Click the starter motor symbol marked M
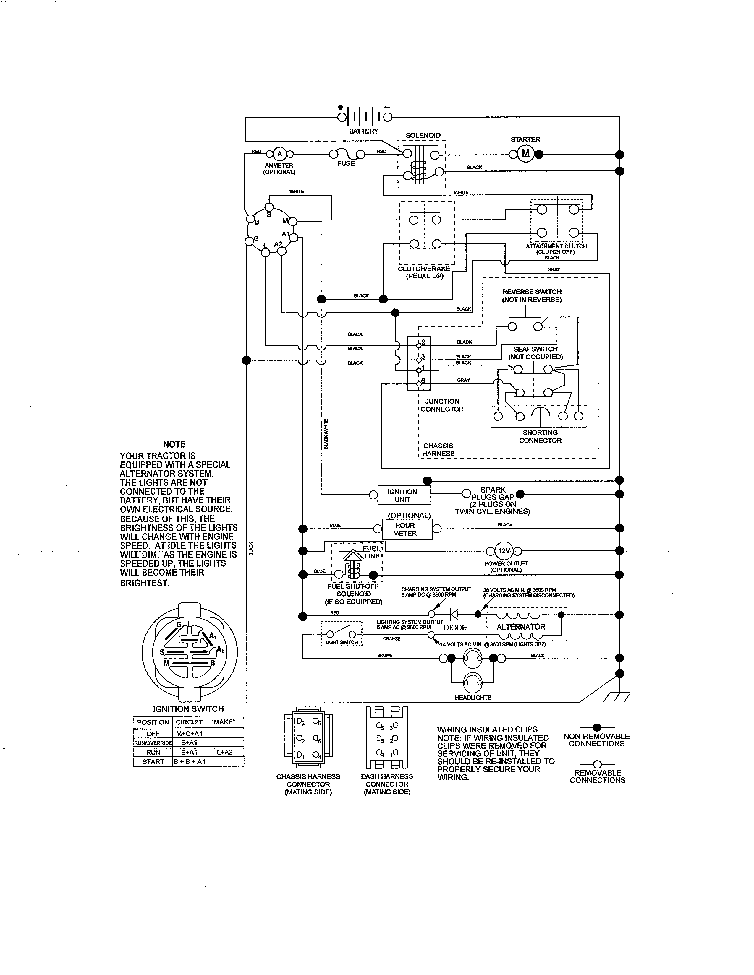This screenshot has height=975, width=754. point(525,154)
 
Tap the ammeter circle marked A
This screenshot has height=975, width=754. point(280,154)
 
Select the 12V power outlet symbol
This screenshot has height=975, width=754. point(504,551)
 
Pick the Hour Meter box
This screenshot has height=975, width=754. point(407,529)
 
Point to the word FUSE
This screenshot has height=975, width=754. point(346,163)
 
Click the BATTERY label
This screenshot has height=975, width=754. point(363,131)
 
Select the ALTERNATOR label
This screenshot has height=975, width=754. point(521,627)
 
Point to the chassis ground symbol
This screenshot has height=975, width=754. point(617,697)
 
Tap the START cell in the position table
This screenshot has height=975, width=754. point(153,762)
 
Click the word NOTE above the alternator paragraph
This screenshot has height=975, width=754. point(174,444)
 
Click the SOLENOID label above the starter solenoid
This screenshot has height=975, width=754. point(423,135)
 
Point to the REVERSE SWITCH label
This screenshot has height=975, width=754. point(532,292)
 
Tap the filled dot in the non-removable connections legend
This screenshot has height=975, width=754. point(597,727)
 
